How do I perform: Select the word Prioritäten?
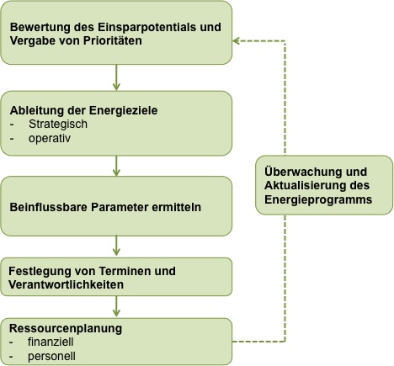tap(113, 40)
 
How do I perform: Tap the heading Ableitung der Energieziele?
tap(83, 110)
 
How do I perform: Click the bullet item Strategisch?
tap(58, 125)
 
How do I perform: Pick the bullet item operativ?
tap(50, 138)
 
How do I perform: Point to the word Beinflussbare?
tap(49, 207)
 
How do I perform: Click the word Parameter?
tap(120, 207)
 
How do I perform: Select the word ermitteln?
tap(177, 207)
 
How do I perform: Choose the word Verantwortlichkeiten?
tap(67, 284)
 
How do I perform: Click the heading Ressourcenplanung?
tap(66, 328)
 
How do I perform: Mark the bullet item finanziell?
tap(51, 342)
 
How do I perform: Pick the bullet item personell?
tap(51, 357)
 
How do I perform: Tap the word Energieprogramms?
tap(318, 200)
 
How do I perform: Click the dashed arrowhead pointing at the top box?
tap(237, 41)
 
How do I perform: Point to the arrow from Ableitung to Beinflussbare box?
tap(116, 166)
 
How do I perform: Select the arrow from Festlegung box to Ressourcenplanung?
tap(116, 306)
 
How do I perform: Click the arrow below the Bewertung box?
tap(116, 77)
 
